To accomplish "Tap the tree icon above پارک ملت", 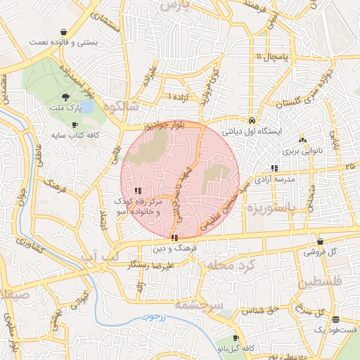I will pos(65,97).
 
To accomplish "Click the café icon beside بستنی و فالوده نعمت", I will pos(65,32).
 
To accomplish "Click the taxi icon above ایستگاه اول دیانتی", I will pos(251,119).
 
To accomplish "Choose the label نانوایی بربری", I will pos(302,151).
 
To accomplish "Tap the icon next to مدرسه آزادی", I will pos(274,168).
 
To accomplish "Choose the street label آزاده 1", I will pos(179,97).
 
